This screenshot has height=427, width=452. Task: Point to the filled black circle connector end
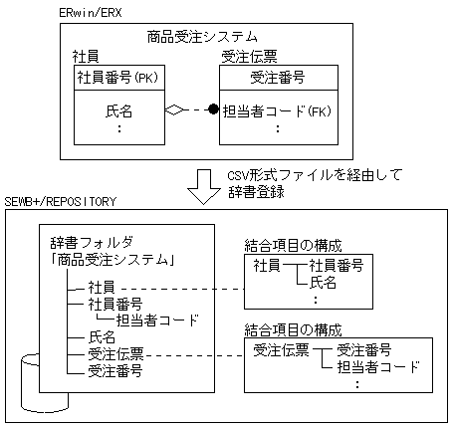[x=212, y=111]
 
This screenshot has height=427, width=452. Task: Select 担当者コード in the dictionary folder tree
[x=157, y=320]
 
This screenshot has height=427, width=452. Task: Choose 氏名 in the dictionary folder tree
[x=103, y=336]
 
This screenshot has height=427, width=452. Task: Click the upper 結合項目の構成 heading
[x=293, y=244]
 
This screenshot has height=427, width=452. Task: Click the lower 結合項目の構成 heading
[x=293, y=328]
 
